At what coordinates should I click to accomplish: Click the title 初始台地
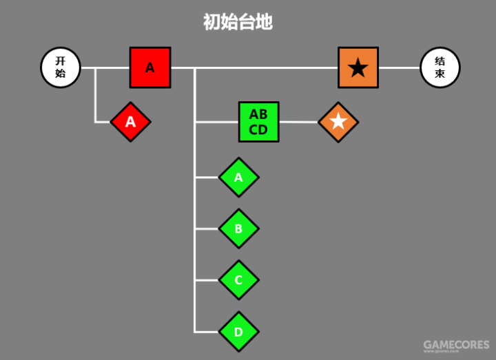click(238, 22)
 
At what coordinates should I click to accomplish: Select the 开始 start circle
click(61, 67)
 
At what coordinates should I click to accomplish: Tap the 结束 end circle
click(440, 67)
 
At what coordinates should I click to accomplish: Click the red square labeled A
click(150, 67)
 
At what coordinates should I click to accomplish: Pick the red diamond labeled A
click(130, 122)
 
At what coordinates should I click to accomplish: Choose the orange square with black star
click(358, 67)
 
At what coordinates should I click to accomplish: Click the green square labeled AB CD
click(258, 122)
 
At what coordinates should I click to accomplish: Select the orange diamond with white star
click(338, 122)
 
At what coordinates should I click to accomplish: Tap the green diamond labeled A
click(238, 177)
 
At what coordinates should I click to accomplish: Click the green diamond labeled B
click(238, 229)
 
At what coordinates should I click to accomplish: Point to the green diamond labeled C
click(238, 280)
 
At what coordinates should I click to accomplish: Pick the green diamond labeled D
click(238, 332)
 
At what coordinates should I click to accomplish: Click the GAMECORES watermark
click(455, 345)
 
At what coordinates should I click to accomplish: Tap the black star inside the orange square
click(358, 68)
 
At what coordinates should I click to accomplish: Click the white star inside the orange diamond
click(338, 122)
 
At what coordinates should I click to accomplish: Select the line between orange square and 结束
click(400, 67)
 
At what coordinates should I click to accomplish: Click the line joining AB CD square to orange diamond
click(299, 122)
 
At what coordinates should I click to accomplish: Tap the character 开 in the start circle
click(61, 61)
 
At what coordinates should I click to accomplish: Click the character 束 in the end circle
click(440, 74)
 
